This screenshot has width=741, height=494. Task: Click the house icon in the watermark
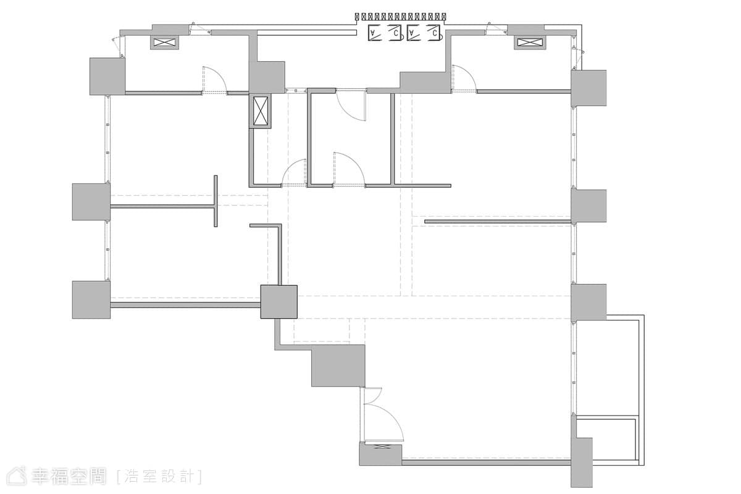pyautogui.click(x=17, y=476)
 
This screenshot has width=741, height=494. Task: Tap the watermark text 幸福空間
pyautogui.click(x=69, y=477)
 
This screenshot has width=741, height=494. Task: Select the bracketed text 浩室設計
pyautogui.click(x=159, y=477)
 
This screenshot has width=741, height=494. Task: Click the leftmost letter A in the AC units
pyautogui.click(x=374, y=33)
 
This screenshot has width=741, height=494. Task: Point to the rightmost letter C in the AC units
pyautogui.click(x=435, y=33)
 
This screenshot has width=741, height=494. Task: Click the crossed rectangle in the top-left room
pyautogui.click(x=165, y=43)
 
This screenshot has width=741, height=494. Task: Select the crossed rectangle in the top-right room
pyautogui.click(x=530, y=43)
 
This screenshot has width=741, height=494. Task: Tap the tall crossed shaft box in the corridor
pyautogui.click(x=261, y=111)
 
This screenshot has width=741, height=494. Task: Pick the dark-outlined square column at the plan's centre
pyautogui.click(x=279, y=302)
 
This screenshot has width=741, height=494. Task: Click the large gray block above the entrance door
pyautogui.click(x=338, y=366)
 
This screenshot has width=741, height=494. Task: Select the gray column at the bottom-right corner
pyautogui.click(x=582, y=463)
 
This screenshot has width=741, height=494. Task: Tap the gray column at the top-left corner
pyautogui.click(x=107, y=77)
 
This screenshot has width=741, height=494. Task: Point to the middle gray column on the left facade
pyautogui.click(x=91, y=202)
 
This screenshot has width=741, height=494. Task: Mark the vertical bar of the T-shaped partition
pyautogui.click(x=216, y=201)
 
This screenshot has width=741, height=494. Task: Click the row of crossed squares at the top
pyautogui.click(x=400, y=17)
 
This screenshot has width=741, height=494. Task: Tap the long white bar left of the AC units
pyautogui.click(x=307, y=33)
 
